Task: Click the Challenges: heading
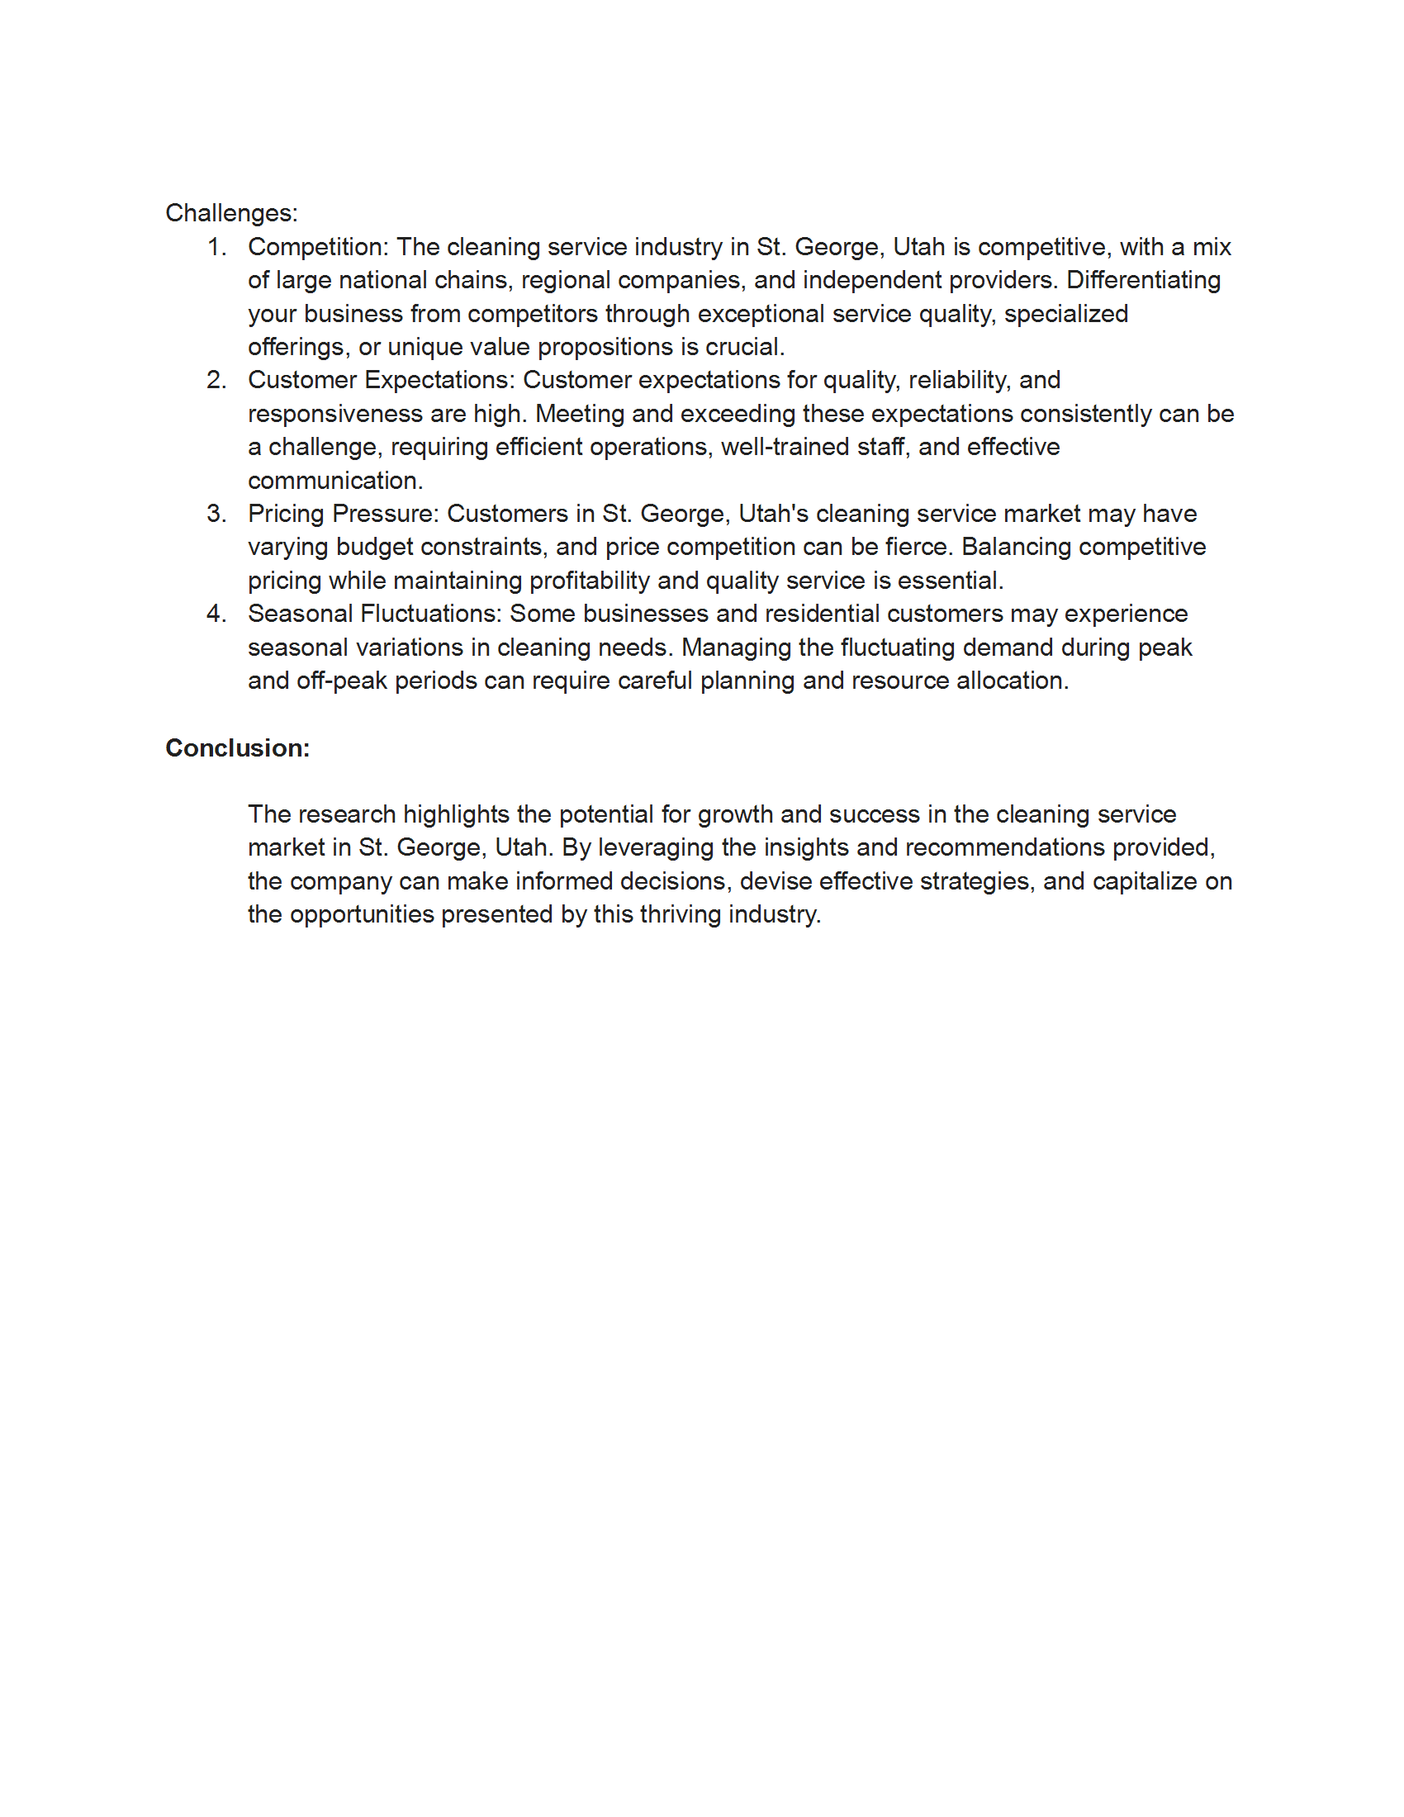(231, 213)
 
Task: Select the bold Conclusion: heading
(237, 748)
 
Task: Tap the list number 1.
(216, 247)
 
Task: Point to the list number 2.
(216, 380)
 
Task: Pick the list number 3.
(216, 514)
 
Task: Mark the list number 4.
(216, 614)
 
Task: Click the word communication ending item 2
(334, 481)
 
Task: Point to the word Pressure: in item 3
(385, 514)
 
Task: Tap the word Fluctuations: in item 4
(431, 614)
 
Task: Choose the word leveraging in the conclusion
(655, 847)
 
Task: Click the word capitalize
(1144, 881)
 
